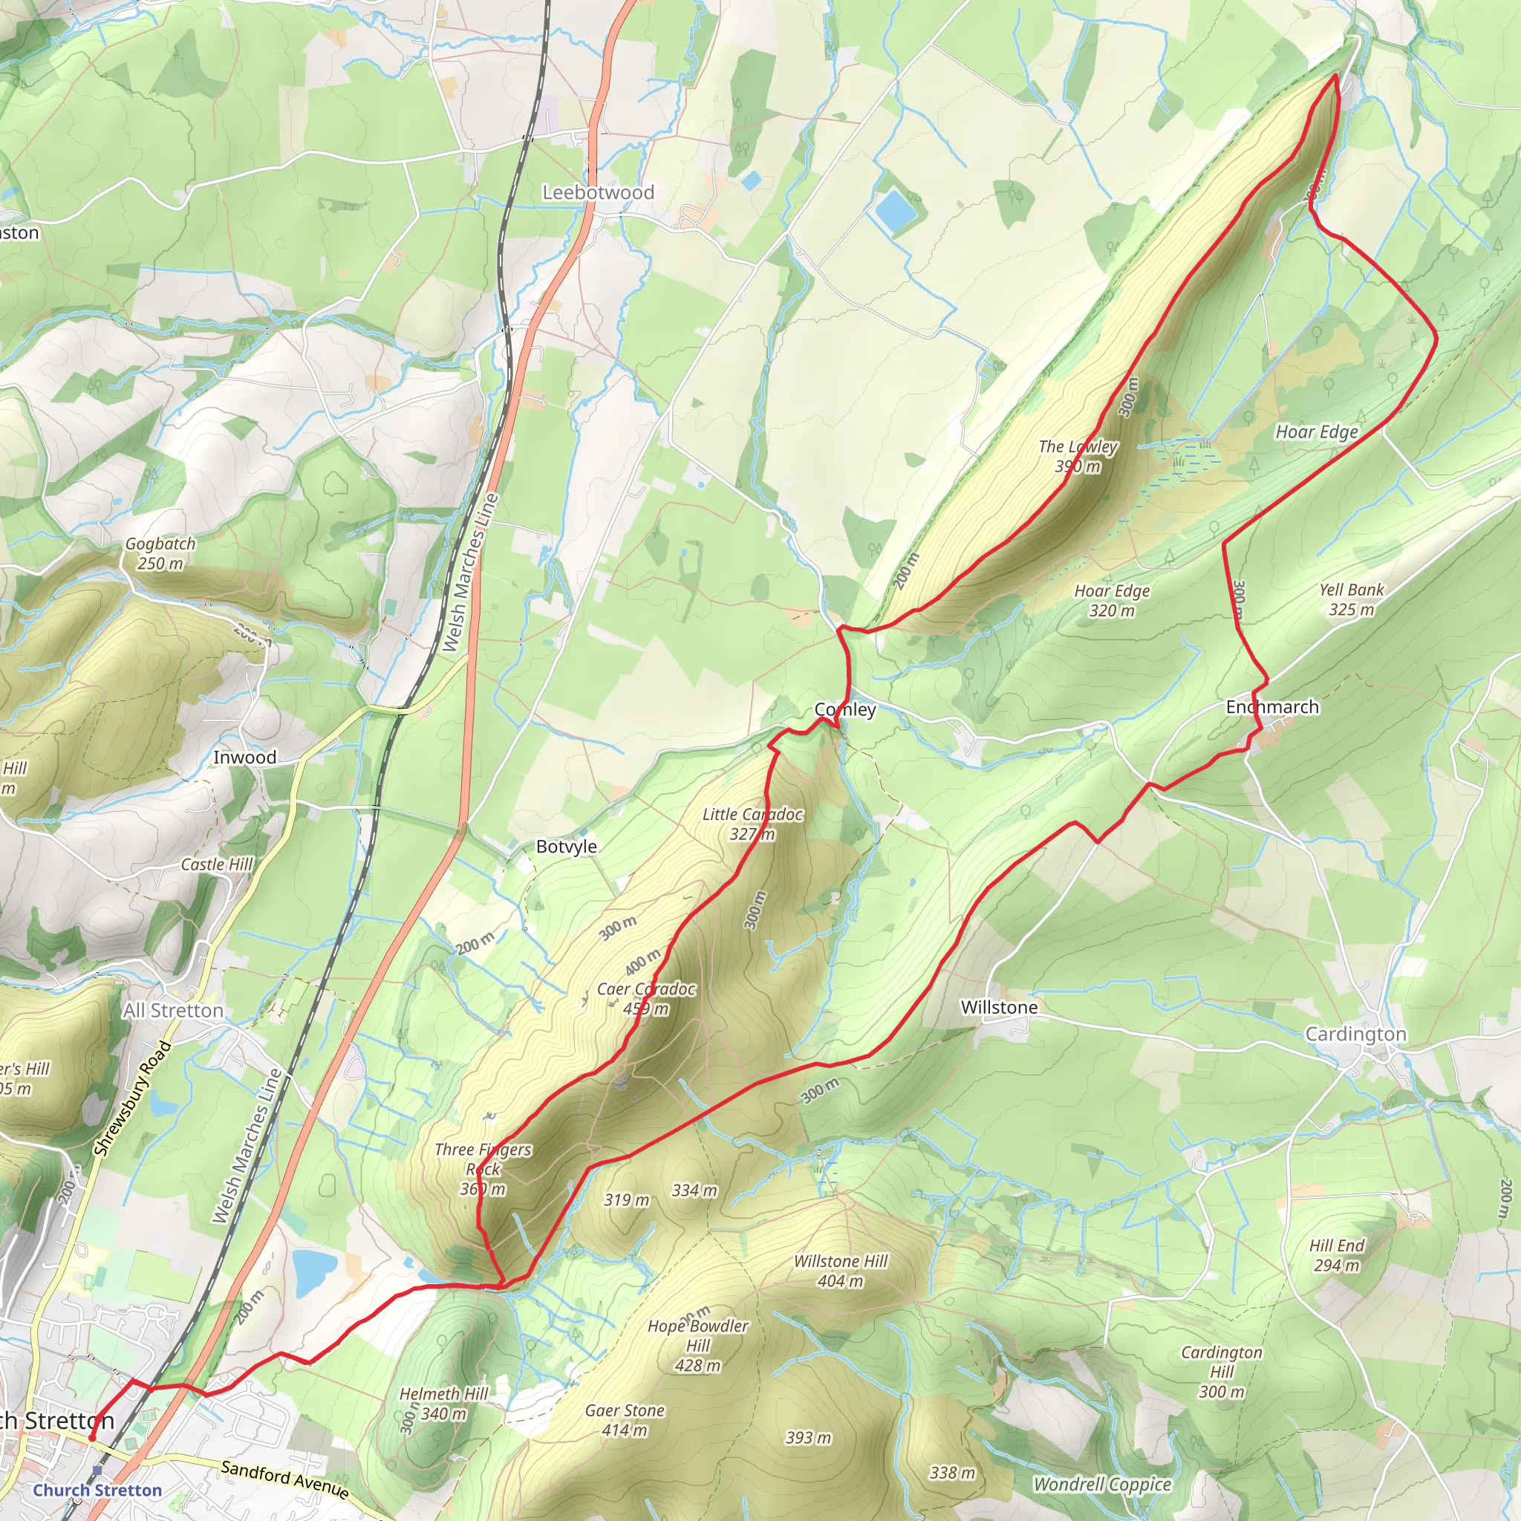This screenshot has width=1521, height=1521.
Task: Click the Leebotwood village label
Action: point(599,192)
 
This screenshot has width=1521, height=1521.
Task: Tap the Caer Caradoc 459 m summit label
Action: point(645,998)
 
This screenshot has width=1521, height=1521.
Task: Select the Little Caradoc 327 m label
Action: point(752,824)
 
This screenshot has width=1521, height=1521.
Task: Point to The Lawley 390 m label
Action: point(1078,456)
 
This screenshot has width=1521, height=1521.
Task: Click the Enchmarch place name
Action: point(1272,707)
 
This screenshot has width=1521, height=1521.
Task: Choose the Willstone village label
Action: point(999,1008)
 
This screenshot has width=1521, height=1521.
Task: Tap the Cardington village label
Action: point(1355,1035)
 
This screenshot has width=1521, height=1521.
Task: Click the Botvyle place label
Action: point(566,847)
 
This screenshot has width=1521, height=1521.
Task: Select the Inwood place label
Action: point(245,758)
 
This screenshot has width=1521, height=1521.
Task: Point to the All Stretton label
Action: point(173,1010)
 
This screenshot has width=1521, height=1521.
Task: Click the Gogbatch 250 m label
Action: point(160,553)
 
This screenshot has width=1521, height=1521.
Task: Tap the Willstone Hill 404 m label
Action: point(840,1271)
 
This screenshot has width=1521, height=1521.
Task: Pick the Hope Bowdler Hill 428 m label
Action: point(697,1346)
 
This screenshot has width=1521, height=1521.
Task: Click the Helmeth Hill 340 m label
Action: point(444,1404)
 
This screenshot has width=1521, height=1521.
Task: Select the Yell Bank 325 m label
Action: point(1351,599)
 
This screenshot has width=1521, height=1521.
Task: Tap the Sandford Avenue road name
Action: point(285,1478)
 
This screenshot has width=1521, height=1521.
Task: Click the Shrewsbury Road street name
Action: point(132,1098)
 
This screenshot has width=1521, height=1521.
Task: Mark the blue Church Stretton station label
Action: point(97,1491)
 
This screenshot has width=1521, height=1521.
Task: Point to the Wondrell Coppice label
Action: point(1102,1485)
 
